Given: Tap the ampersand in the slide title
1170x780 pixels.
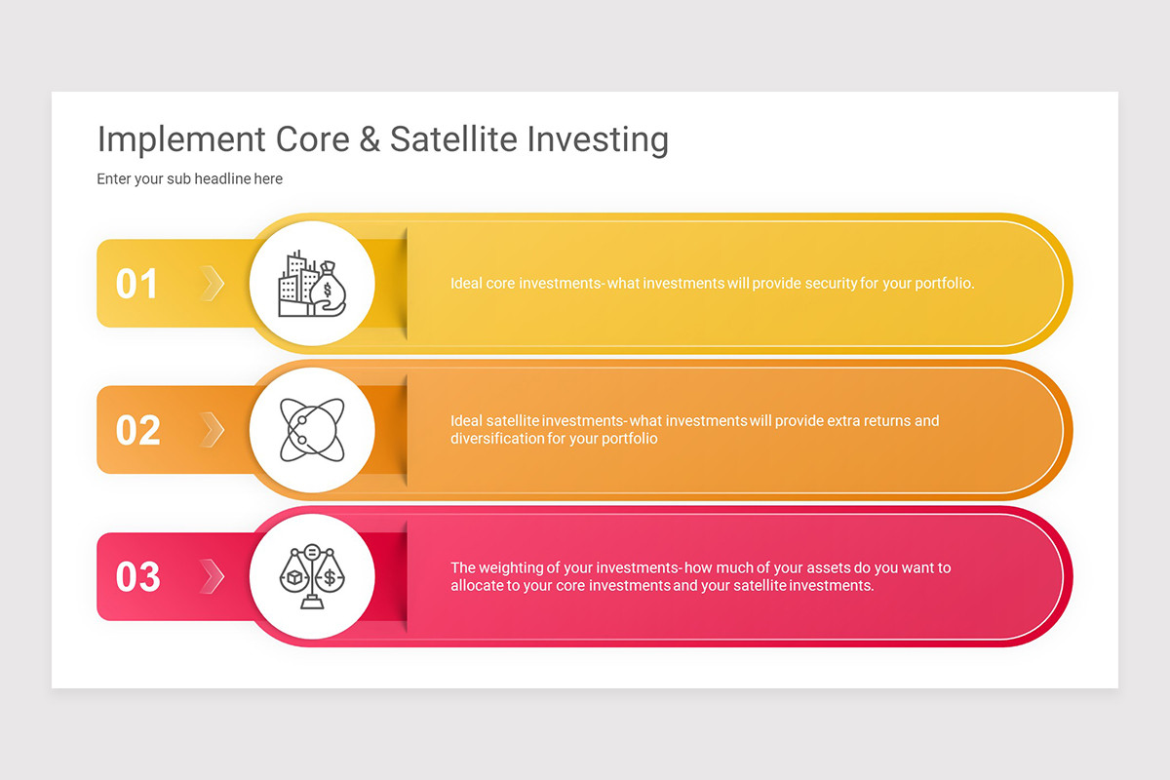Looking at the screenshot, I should click(370, 139).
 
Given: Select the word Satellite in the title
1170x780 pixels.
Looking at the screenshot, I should click(453, 139).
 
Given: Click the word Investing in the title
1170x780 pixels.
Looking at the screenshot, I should click(598, 140).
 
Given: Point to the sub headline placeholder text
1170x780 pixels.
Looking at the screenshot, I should click(189, 179).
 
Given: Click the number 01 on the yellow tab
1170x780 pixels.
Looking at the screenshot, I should click(137, 284).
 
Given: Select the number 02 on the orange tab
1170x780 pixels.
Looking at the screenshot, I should click(137, 430).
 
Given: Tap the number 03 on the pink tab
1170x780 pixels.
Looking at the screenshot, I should click(137, 576).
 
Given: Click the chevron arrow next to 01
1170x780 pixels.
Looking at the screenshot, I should click(213, 284).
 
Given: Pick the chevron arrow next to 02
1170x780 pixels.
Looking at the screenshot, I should click(213, 430).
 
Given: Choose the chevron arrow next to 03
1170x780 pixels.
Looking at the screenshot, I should click(213, 576).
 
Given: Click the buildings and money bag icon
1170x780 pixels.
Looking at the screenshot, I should click(311, 284).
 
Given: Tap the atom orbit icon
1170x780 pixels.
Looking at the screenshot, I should click(311, 430).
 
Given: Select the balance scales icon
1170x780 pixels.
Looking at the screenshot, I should click(311, 576).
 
